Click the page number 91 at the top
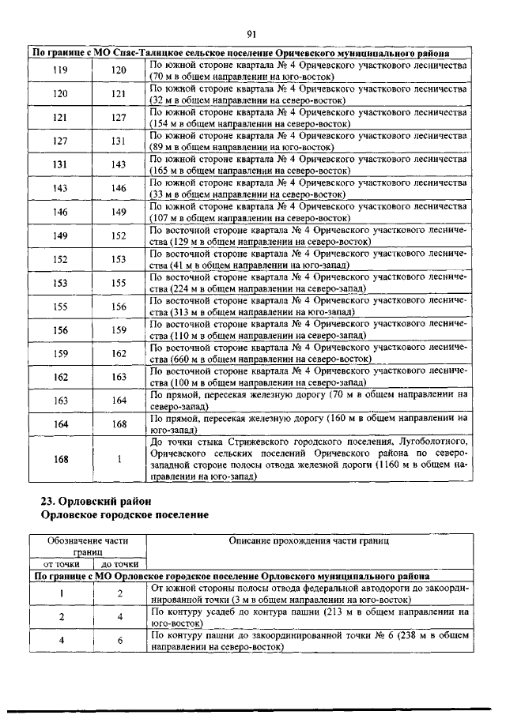pyautogui.click(x=252, y=34)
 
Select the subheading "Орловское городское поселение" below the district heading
pyautogui.click(x=124, y=515)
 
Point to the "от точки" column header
pyautogui.click(x=60, y=564)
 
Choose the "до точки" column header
pyautogui.click(x=119, y=564)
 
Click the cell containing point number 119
pyautogui.click(x=60, y=70)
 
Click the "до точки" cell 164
pyautogui.click(x=119, y=401)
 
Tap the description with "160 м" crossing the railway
pyautogui.click(x=308, y=424)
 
